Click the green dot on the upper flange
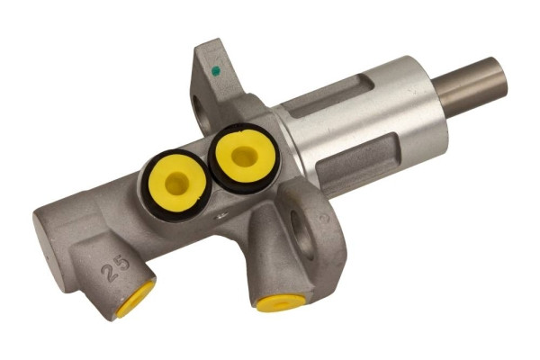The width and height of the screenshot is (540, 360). [x=216, y=69]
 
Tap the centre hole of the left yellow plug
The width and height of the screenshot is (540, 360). [x=177, y=184]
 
